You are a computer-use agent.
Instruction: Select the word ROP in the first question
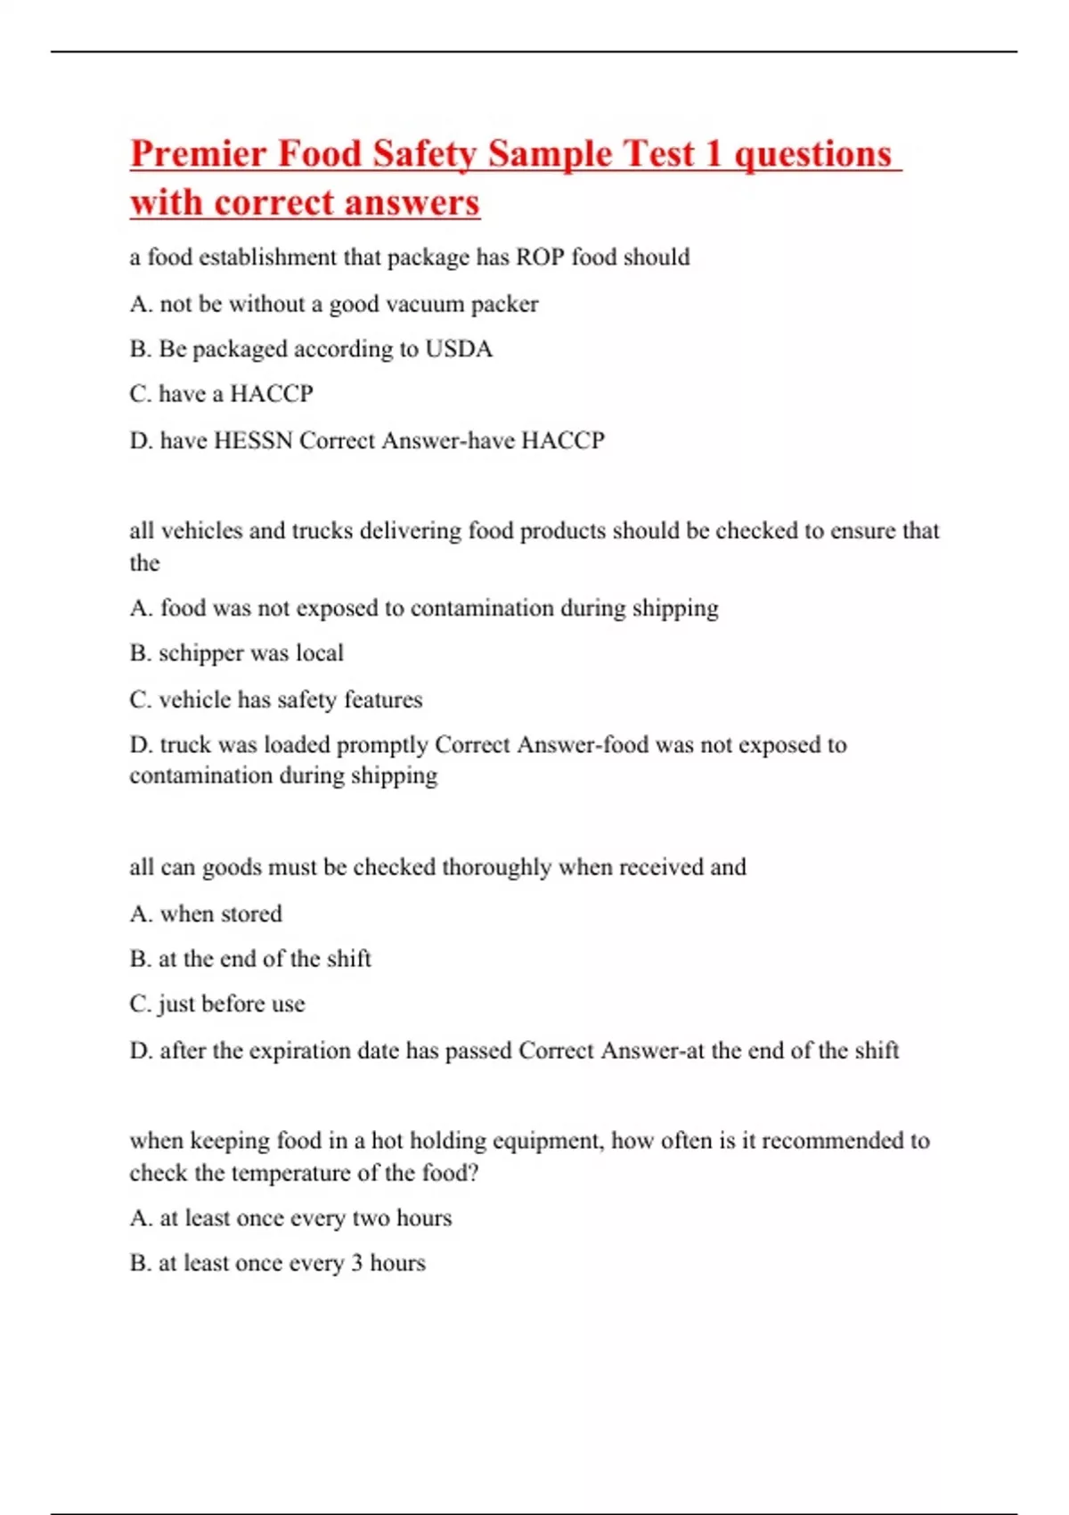click(x=540, y=258)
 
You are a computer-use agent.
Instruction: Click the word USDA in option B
click(x=458, y=349)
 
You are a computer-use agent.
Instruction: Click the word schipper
click(x=200, y=654)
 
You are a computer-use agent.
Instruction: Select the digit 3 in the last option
click(x=356, y=1264)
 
